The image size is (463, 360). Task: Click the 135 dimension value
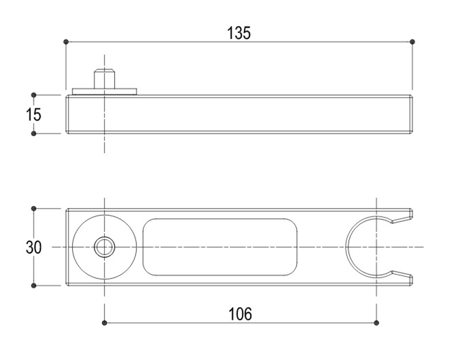point(239,33)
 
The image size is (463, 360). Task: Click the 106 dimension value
point(241,314)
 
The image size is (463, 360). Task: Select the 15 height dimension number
point(33,114)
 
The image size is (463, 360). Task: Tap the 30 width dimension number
point(33,247)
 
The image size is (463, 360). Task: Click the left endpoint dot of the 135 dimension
point(66,42)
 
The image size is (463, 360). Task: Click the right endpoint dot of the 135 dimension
point(413,42)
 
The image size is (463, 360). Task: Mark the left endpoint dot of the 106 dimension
point(105,322)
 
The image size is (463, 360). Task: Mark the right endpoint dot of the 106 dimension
point(376,322)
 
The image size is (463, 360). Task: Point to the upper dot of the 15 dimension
point(33,95)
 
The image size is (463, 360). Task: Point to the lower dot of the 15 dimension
point(33,133)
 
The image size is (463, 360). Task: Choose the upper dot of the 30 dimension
point(33,209)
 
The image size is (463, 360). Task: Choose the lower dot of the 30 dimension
point(33,285)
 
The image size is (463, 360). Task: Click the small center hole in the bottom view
point(104,247)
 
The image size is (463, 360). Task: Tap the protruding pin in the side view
point(104,79)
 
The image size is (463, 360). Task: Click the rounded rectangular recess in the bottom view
point(220,247)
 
